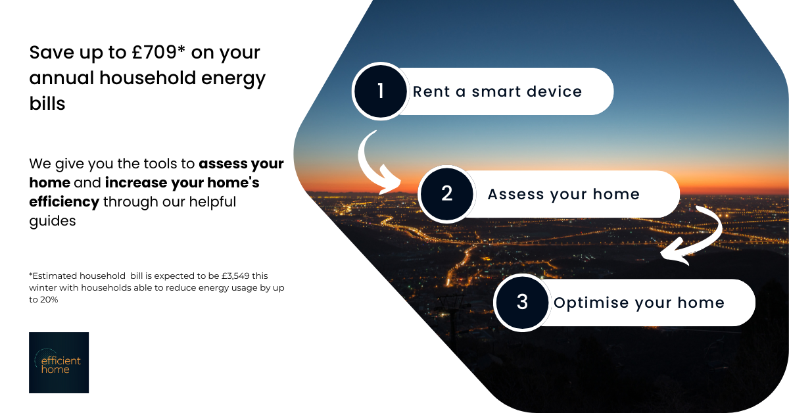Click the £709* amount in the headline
158,53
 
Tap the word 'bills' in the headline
47,104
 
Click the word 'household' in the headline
147,78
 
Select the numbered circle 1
381,91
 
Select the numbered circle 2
446,194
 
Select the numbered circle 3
522,303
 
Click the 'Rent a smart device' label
497,91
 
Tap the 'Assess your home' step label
563,195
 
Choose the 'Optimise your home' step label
639,303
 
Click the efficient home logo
59,362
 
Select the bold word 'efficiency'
64,203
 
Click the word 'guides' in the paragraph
53,222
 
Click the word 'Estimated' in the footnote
54,276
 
